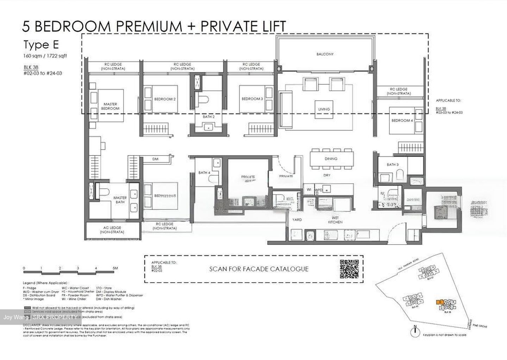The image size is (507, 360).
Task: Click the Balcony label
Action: pos(325,54)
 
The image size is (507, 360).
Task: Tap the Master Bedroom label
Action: pos(110,106)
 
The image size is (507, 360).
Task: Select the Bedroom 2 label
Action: pos(165,99)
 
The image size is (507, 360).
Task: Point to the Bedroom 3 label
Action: pos(252,99)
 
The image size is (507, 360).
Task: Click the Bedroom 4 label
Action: pos(402,121)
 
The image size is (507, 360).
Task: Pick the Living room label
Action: pos(324,109)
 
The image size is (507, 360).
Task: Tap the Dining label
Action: pos(331,159)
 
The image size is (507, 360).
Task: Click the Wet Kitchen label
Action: pos(335,220)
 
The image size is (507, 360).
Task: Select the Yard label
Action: pos(297,220)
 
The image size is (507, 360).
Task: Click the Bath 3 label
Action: pos(393,165)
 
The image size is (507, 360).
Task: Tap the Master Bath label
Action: pos(120,200)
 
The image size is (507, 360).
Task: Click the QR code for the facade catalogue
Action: pos(349,269)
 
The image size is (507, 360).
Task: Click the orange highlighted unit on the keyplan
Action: pos(439,302)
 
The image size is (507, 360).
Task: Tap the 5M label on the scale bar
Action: pos(115,268)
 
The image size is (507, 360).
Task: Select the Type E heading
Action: pos(41,45)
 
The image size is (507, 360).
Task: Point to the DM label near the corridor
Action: pos(155,159)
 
